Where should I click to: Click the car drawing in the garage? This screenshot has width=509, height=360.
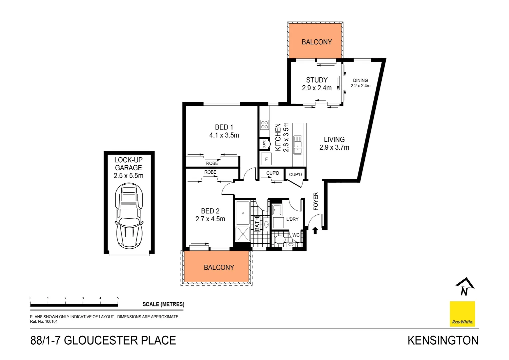(x=129, y=216)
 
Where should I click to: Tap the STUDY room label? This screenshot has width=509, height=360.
(x=317, y=80)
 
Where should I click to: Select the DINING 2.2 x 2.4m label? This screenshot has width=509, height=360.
(x=360, y=83)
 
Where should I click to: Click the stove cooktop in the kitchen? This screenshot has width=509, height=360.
(x=264, y=125)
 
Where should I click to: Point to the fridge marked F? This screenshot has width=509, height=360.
(x=266, y=159)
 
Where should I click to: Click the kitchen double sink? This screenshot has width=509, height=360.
(x=297, y=147)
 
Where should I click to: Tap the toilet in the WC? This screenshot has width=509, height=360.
(x=279, y=239)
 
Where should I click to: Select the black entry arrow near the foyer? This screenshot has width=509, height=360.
(x=315, y=230)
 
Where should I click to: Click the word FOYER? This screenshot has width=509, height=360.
(x=316, y=201)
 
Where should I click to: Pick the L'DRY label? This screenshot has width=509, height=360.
(x=292, y=219)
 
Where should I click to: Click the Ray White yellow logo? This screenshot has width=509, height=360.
(x=462, y=314)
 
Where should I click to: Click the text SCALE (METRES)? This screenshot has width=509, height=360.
(x=163, y=304)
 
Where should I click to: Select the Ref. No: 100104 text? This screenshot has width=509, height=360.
(x=44, y=322)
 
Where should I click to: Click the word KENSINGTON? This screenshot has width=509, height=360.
(x=443, y=340)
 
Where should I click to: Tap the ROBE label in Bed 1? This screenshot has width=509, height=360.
(x=212, y=163)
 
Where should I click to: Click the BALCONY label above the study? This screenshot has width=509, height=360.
(x=316, y=42)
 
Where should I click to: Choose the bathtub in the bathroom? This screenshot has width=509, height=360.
(x=243, y=213)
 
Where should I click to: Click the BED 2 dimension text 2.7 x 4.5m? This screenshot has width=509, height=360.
(x=210, y=219)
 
